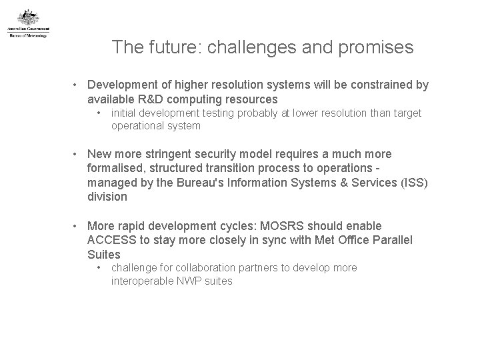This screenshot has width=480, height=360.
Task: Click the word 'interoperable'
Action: coord(141,281)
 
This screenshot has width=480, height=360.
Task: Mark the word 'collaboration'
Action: coord(196,267)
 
